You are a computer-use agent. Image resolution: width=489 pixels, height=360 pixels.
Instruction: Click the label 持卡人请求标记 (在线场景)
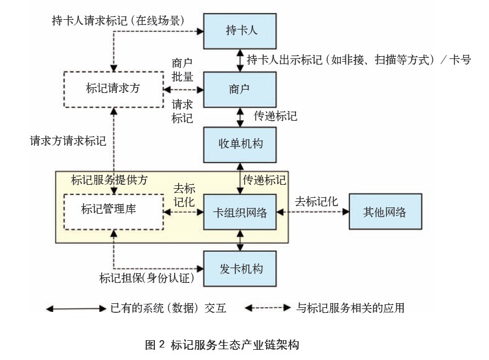click(116, 21)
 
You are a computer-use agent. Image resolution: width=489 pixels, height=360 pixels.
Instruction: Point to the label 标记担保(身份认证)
click(147, 278)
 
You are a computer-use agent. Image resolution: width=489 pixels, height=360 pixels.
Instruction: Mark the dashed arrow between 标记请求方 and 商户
click(183, 90)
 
